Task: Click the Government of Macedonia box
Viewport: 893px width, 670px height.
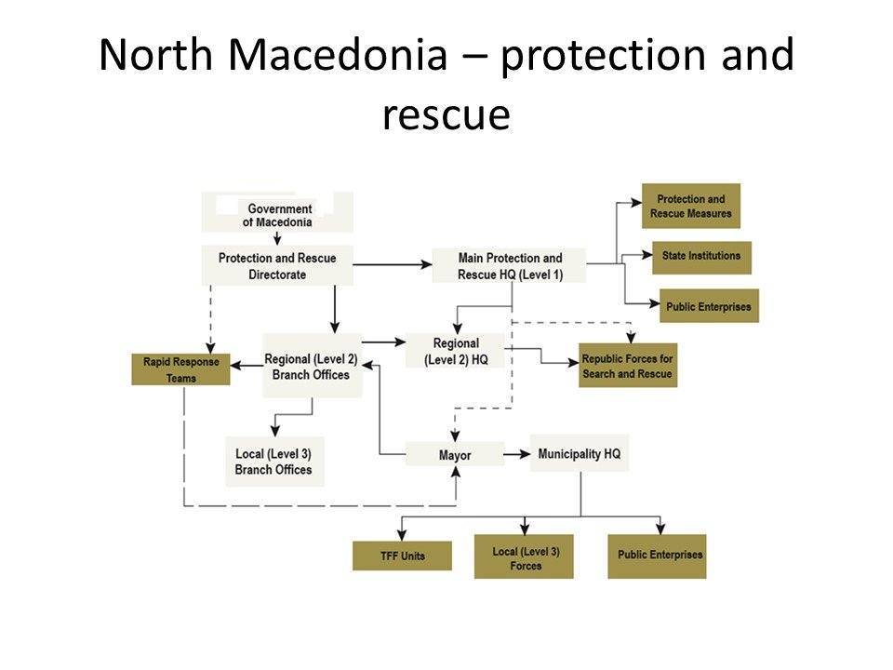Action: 277,213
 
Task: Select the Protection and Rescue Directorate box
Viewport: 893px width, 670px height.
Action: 277,265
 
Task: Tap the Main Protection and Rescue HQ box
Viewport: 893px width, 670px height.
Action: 510,265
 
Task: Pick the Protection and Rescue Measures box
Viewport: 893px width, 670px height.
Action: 690,206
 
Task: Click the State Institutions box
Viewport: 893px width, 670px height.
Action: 701,256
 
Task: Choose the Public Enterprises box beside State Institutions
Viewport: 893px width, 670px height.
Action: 709,306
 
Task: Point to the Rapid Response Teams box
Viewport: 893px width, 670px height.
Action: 180,368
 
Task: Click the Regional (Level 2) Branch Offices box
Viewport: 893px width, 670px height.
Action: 313,366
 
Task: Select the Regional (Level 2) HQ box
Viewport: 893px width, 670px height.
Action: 455,350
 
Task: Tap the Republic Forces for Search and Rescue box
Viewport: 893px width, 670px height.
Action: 627,366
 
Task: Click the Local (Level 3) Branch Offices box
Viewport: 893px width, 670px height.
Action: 274,462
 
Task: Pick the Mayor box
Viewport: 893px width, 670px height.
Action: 455,455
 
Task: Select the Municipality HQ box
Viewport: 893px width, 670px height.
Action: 579,453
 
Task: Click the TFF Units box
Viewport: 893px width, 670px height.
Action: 402,556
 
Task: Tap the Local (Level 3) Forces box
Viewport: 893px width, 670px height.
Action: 524,557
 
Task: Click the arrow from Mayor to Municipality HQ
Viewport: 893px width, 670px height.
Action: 517,455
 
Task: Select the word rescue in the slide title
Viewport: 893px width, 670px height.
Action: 446,114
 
